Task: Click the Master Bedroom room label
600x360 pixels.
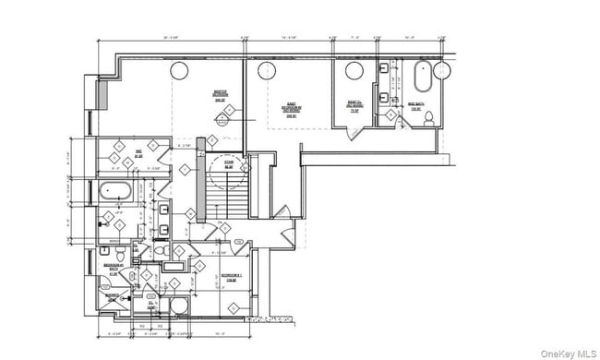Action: [x=221, y=94]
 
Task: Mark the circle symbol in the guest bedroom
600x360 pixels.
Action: [x=269, y=69]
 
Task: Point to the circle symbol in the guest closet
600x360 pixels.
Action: [x=354, y=70]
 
